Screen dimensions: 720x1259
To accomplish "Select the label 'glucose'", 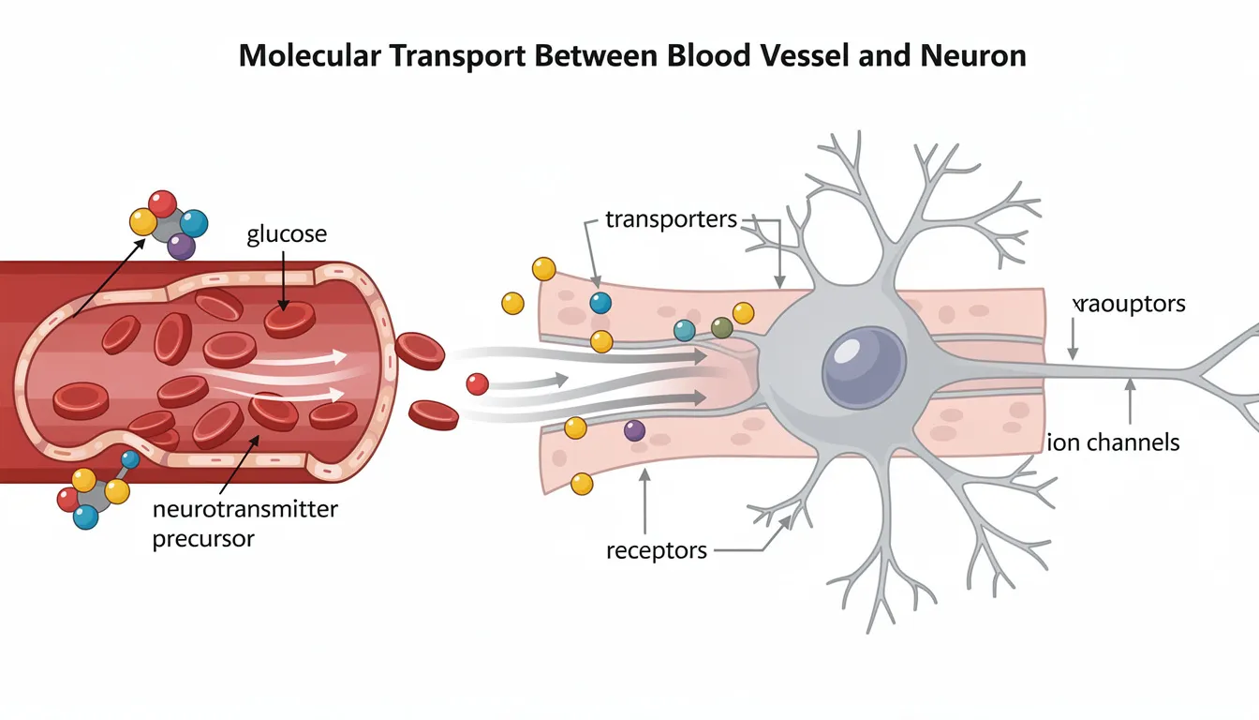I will tap(287, 234).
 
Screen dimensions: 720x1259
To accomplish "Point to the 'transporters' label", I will tap(672, 219).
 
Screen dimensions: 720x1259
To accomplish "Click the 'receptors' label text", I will tap(656, 549).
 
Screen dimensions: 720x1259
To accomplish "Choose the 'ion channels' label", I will tap(1112, 442).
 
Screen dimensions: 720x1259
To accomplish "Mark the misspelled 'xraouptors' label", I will tap(1129, 304).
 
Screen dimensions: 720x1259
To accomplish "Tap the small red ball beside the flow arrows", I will tap(477, 383).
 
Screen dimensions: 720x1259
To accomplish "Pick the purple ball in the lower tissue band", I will tap(634, 430).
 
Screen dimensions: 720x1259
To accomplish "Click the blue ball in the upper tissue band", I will tap(600, 303).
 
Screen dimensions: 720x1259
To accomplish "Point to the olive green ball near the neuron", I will tap(721, 327).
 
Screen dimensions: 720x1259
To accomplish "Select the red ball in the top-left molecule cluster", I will tap(162, 203).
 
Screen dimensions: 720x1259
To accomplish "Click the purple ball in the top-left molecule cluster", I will tap(181, 246).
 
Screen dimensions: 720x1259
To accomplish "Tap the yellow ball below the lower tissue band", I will tap(582, 484).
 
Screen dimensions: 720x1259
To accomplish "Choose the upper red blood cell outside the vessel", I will tap(420, 351).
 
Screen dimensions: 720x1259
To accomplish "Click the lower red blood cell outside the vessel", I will tap(434, 413).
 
